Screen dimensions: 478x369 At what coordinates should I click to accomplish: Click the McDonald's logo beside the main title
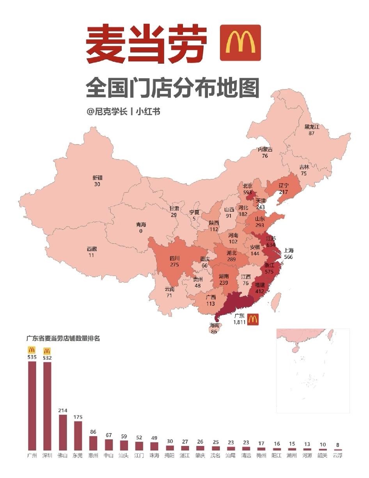click(x=240, y=43)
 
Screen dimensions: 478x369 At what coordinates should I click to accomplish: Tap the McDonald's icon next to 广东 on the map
click(x=252, y=319)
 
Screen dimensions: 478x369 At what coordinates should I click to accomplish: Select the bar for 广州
click(x=32, y=406)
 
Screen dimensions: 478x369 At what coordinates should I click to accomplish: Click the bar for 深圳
click(x=47, y=406)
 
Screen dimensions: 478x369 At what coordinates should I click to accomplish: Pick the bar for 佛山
click(x=62, y=432)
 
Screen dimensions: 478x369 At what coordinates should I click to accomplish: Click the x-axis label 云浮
click(x=337, y=455)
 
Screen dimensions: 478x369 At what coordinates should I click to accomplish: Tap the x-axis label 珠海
click(x=154, y=455)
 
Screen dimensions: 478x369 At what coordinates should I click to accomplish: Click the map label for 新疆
click(x=98, y=178)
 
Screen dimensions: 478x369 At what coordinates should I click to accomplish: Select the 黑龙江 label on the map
click(x=312, y=127)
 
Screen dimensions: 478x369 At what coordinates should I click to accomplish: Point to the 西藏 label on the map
click(x=92, y=249)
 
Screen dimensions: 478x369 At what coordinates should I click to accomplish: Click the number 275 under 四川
click(x=174, y=264)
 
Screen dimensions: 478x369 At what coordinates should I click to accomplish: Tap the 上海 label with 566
click(x=288, y=251)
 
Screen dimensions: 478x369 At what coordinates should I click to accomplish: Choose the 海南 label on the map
click(x=214, y=325)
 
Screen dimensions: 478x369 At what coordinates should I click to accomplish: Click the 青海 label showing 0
click(x=140, y=225)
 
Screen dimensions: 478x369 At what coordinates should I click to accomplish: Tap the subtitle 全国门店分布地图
click(x=172, y=88)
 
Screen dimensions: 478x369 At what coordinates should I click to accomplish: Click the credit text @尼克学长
click(x=107, y=112)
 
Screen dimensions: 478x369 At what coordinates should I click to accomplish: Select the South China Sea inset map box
click(x=313, y=370)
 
